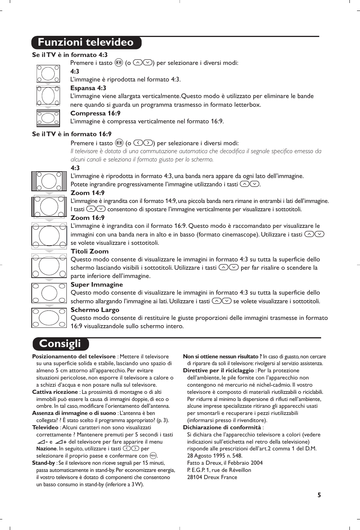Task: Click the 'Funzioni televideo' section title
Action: tap(86, 42)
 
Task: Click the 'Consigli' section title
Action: tap(60, 344)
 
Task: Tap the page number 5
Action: tap(319, 495)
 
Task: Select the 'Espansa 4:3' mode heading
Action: tap(88, 88)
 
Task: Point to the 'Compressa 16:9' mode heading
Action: tap(95, 113)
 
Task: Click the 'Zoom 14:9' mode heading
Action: tap(88, 193)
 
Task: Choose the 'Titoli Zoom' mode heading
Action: tap(89, 251)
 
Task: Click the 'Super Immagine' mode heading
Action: tap(97, 284)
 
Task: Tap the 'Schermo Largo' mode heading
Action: tap(95, 310)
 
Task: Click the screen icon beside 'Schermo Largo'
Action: tap(49, 318)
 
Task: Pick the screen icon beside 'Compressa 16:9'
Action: tap(48, 118)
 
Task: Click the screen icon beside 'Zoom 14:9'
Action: tap(49, 207)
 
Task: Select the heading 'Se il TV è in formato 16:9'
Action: tap(72, 134)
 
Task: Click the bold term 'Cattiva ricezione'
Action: tap(55, 392)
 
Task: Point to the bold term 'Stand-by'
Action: tap(43, 463)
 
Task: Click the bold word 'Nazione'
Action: tap(46, 449)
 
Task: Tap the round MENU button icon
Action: tap(153, 456)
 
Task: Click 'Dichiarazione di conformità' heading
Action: tap(222, 427)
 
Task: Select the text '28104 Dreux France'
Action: tap(212, 477)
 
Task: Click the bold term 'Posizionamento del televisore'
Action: tap(74, 356)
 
